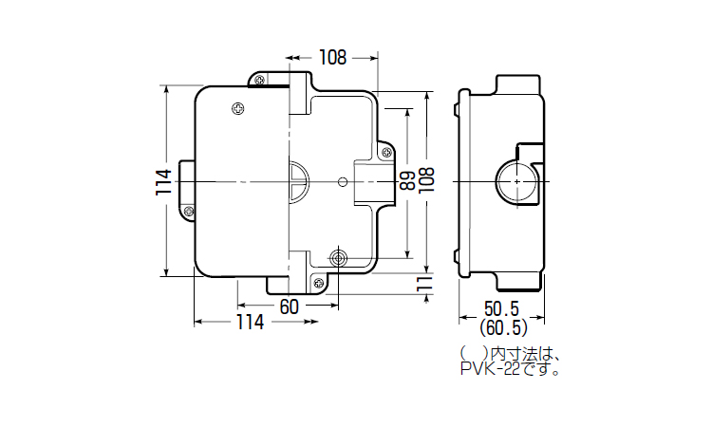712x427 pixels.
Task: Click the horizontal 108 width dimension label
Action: tap(331, 58)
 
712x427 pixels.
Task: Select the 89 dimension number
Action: tap(407, 181)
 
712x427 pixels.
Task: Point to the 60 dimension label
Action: tap(289, 306)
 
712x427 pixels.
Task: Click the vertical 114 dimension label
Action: tap(162, 183)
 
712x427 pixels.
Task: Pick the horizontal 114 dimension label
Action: tap(250, 322)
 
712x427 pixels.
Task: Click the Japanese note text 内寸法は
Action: tap(517, 355)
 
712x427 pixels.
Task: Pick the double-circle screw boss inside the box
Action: tap(339, 257)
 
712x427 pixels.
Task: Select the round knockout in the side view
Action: tap(515, 180)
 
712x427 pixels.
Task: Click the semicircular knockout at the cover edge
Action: tap(296, 180)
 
